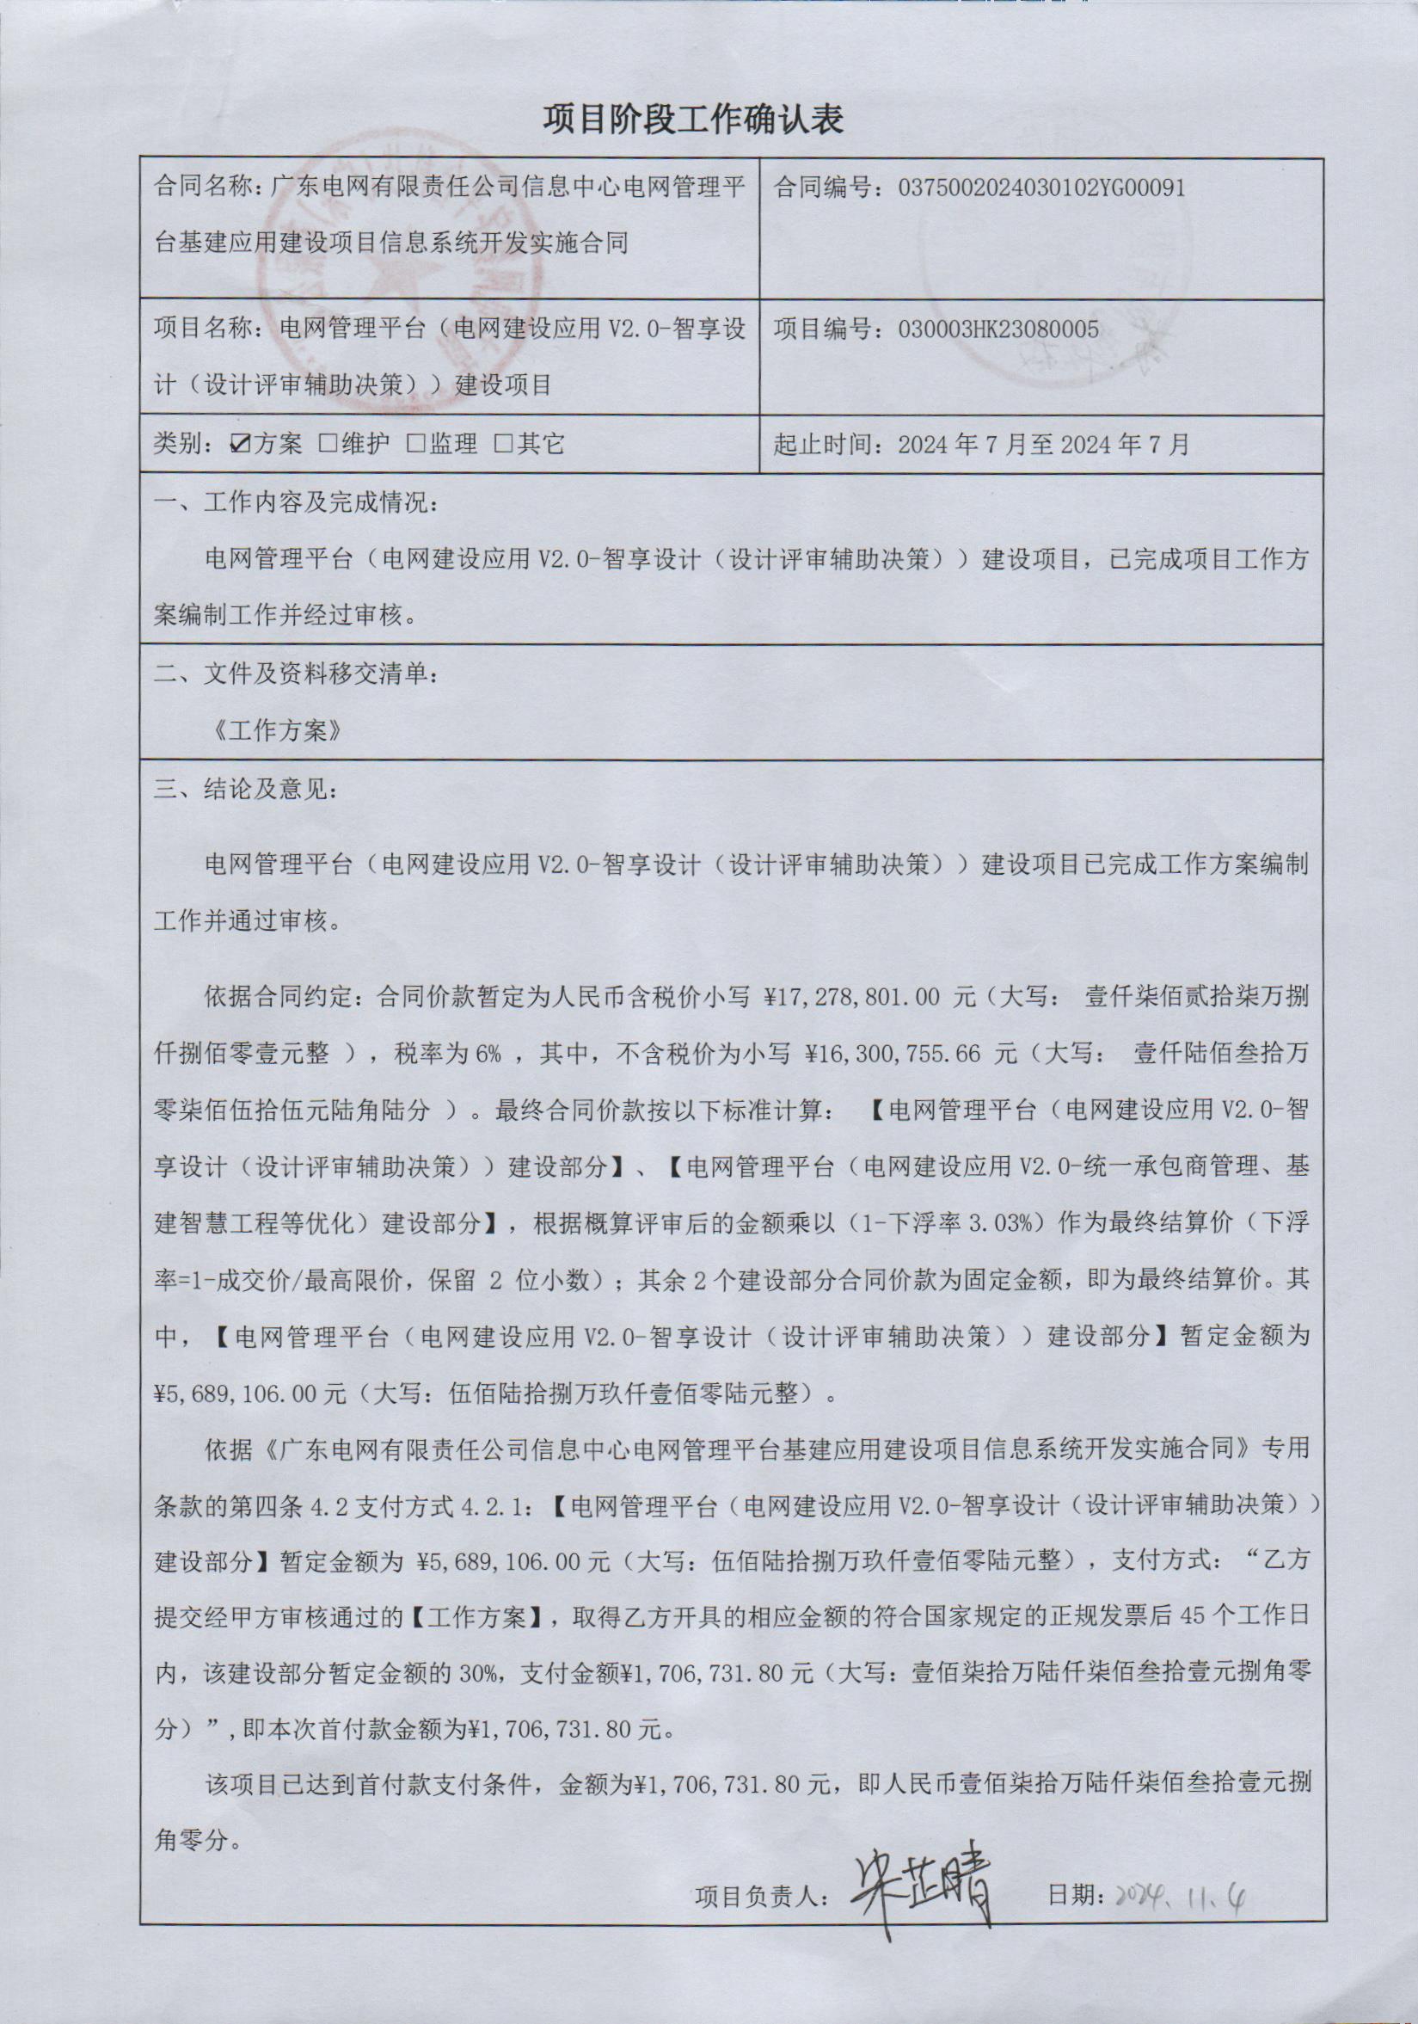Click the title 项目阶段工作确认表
[x=693, y=119]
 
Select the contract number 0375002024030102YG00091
[x=1040, y=188]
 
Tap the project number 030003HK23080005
[x=998, y=329]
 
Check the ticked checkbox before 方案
[x=239, y=443]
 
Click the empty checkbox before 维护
[x=328, y=443]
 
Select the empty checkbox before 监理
[x=415, y=443]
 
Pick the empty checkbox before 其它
[x=503, y=443]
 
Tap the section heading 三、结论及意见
[x=244, y=788]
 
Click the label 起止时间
[x=828, y=443]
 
